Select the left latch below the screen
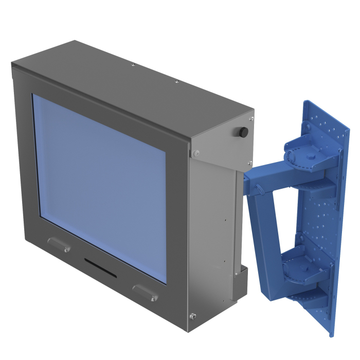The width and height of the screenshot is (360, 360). point(59,244)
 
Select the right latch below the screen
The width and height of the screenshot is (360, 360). point(146,292)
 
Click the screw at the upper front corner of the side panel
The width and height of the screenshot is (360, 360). point(196,153)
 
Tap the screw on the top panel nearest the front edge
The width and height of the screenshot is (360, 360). point(133,65)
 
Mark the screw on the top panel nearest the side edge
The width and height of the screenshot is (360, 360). point(176,81)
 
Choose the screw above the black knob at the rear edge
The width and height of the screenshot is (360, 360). point(251,118)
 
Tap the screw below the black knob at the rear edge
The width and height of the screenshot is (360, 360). point(249,163)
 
